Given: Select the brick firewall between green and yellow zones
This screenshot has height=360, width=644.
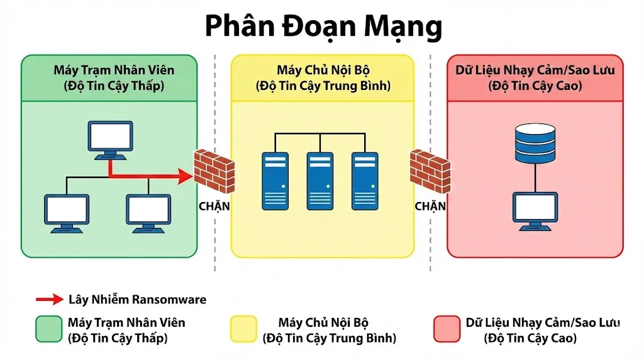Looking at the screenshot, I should click(214, 170).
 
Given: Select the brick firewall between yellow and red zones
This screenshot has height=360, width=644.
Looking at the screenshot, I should click(430, 170).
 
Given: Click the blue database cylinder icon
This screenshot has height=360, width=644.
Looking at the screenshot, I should click(535, 143).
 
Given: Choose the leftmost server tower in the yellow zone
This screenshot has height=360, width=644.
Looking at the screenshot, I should click(275, 180).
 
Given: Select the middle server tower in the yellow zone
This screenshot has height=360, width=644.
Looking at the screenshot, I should click(320, 180).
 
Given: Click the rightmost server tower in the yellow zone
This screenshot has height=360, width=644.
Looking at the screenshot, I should click(365, 180).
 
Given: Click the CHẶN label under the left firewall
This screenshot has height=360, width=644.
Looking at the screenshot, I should click(214, 206).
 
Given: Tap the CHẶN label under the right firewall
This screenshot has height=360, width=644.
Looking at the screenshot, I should click(430, 206).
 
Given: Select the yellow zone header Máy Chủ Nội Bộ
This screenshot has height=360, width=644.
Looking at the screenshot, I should click(323, 77).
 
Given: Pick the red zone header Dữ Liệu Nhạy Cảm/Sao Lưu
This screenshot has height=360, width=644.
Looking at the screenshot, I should click(535, 77).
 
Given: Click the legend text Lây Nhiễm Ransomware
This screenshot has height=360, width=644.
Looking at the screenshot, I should click(137, 300).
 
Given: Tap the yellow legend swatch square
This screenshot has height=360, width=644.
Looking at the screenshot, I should click(244, 329).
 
